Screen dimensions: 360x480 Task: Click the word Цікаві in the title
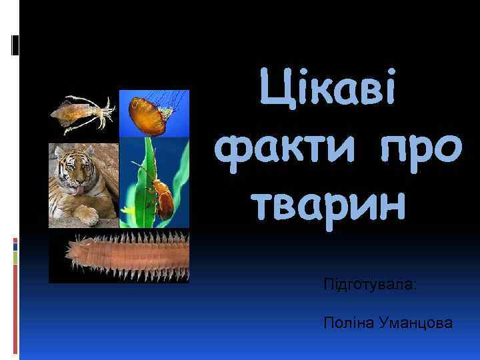(329, 95)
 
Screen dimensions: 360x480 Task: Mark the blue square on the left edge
(15, 244)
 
